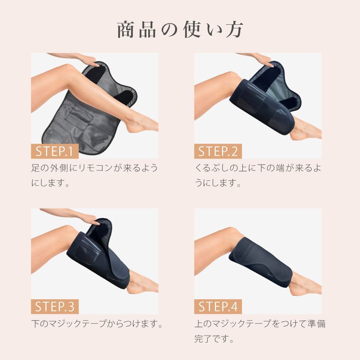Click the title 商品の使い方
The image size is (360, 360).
point(180,30)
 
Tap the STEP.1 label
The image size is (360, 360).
point(55,151)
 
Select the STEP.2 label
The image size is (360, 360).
point(218,151)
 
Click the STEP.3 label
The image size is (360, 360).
point(55,307)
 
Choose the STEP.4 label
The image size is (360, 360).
point(218,307)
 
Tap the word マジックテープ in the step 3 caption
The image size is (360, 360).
point(75,324)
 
